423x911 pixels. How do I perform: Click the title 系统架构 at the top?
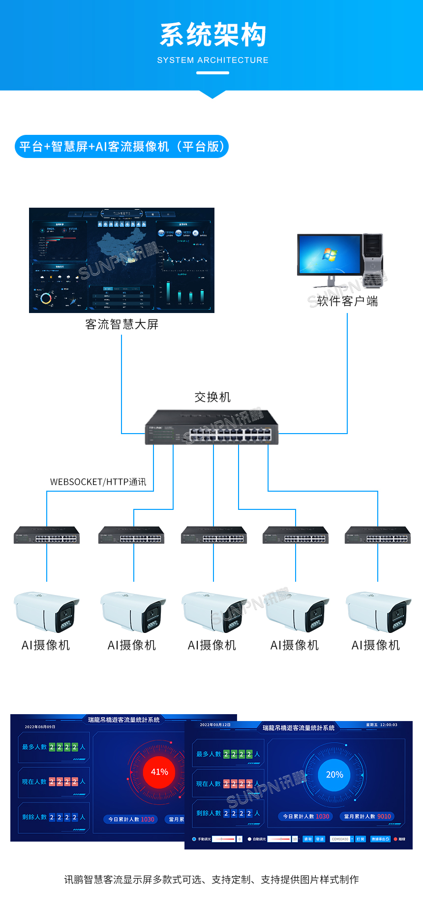212,35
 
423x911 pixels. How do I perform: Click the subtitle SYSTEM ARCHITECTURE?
212,60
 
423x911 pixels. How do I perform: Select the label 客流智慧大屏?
121,324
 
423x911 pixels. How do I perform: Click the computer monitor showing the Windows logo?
329,255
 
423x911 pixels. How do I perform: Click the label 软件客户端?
347,301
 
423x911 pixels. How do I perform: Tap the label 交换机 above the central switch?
212,397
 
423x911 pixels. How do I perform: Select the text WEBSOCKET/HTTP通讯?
98,482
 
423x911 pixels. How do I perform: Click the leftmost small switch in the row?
47,535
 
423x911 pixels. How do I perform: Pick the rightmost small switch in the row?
378,535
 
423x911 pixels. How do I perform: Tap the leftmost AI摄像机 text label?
46,645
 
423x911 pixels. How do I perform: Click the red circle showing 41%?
159,772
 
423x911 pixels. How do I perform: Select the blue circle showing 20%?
334,775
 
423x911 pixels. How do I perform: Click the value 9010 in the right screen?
384,817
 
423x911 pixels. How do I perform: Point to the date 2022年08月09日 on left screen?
40,727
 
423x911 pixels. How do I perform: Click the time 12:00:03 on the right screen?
389,725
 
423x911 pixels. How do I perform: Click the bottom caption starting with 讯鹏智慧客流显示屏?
211,880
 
